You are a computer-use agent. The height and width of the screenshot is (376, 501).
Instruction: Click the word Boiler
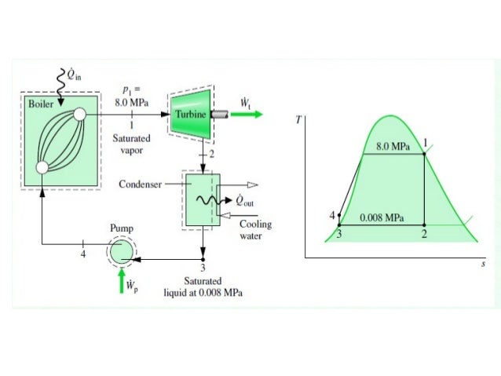coord(38,104)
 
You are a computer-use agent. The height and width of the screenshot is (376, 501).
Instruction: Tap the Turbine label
coord(191,115)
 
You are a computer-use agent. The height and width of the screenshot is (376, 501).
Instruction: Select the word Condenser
coord(140,185)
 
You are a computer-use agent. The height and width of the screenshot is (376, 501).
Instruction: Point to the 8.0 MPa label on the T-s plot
coord(393,146)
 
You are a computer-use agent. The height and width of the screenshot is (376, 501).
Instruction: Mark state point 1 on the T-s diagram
coord(425,154)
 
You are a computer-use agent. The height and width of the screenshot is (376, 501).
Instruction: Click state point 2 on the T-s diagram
coord(425,225)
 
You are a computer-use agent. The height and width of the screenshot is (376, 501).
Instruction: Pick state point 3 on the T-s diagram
coord(339,225)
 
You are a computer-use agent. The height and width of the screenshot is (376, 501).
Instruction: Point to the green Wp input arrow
coord(122,281)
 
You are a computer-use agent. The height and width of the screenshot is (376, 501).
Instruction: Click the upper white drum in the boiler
coord(80,115)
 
